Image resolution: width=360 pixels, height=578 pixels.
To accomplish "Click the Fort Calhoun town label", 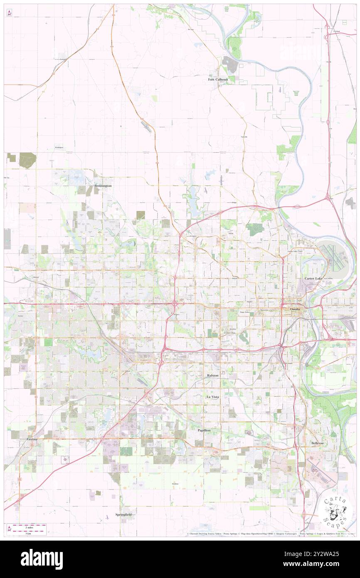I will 218,79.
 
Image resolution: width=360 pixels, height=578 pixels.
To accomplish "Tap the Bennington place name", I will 103,186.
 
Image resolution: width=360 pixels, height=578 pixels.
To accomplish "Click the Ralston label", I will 212,375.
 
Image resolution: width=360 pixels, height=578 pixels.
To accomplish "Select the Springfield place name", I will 123,515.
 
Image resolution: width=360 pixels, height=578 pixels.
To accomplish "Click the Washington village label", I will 59,147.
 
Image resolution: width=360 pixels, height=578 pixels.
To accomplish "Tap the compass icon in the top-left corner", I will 9,13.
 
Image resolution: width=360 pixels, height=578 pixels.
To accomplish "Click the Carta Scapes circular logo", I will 335,511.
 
